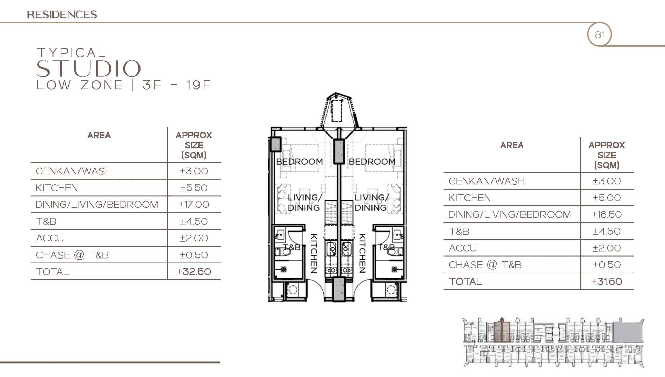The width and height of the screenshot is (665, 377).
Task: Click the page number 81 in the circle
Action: click(600, 34)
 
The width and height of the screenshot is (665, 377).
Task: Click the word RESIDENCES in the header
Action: click(62, 14)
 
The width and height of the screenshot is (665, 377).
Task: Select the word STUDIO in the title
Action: click(88, 68)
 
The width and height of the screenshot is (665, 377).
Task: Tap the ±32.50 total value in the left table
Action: click(194, 271)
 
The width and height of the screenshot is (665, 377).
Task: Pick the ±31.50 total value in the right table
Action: click(607, 281)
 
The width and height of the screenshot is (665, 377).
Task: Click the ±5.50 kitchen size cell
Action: click(194, 188)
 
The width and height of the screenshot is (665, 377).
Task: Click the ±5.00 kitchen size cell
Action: click(607, 198)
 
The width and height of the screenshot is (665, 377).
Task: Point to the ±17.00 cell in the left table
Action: click(194, 204)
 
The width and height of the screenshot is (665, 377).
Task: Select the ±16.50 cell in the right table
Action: click(607, 214)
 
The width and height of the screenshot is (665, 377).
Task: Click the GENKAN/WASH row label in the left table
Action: click(74, 171)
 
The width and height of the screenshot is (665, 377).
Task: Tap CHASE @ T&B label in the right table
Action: click(485, 265)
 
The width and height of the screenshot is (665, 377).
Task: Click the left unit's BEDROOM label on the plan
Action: click(299, 162)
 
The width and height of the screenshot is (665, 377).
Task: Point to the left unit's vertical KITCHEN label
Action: click(314, 253)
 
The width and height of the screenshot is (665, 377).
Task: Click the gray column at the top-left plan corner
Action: click(275, 144)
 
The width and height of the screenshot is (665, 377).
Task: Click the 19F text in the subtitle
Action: click(199, 85)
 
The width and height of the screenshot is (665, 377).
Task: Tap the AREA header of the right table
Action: click(512, 145)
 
